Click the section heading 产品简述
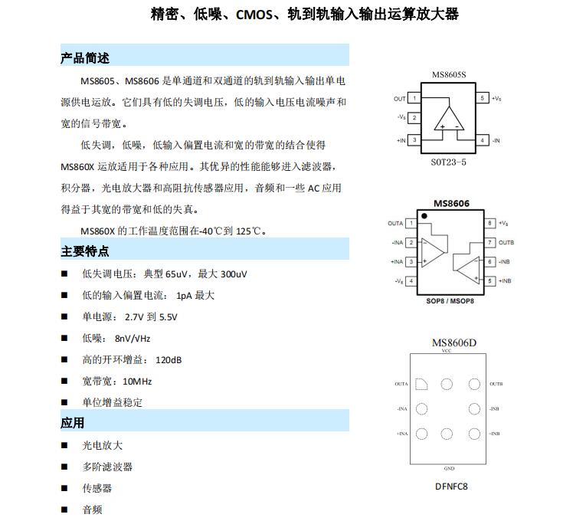click(85, 58)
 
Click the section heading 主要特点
click(85, 251)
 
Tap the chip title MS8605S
click(448, 74)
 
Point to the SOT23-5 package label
click(448, 162)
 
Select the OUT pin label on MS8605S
click(400, 99)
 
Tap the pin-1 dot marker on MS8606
click(424, 216)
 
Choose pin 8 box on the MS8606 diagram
click(489, 223)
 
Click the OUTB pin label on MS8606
click(506, 243)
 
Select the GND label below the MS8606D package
click(450, 468)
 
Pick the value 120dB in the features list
click(169, 359)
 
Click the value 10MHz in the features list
click(136, 381)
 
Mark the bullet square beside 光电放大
click(64, 445)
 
